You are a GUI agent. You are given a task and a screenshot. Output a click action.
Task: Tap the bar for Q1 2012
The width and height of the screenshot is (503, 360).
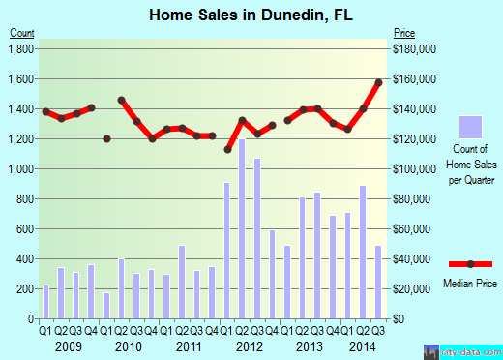pyautogui.click(x=227, y=251)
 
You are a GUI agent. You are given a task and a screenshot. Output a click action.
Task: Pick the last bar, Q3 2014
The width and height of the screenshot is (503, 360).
pyautogui.click(x=378, y=282)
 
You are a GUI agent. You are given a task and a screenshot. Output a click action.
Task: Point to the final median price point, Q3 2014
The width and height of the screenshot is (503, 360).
pyautogui.click(x=378, y=82)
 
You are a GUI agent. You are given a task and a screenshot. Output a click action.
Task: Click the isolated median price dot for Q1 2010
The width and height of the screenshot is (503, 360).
pyautogui.click(x=106, y=138)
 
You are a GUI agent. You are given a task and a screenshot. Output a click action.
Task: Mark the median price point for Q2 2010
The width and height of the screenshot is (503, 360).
pyautogui.click(x=122, y=100)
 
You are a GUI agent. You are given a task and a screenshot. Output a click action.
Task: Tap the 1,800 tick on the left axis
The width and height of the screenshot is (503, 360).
pyautogui.click(x=21, y=48)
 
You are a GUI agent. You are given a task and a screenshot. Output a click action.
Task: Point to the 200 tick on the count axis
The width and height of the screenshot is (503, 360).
pyautogui.click(x=26, y=288)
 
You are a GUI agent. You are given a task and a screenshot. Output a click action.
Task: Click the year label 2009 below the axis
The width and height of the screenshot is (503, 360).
pyautogui.click(x=68, y=345)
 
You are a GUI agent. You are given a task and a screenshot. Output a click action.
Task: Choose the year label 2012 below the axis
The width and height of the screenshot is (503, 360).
pyautogui.click(x=249, y=345)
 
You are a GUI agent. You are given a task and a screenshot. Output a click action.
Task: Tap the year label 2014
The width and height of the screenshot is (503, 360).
pyautogui.click(x=363, y=345)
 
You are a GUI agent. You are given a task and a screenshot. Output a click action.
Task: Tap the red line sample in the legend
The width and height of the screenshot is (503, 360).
pyautogui.click(x=470, y=264)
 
